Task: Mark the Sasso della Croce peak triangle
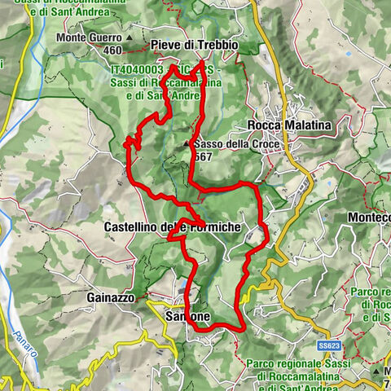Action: [x=187, y=144]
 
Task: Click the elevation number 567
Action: [x=204, y=156]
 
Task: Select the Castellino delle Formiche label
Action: [x=173, y=226]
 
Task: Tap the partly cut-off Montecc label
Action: [x=368, y=218]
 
